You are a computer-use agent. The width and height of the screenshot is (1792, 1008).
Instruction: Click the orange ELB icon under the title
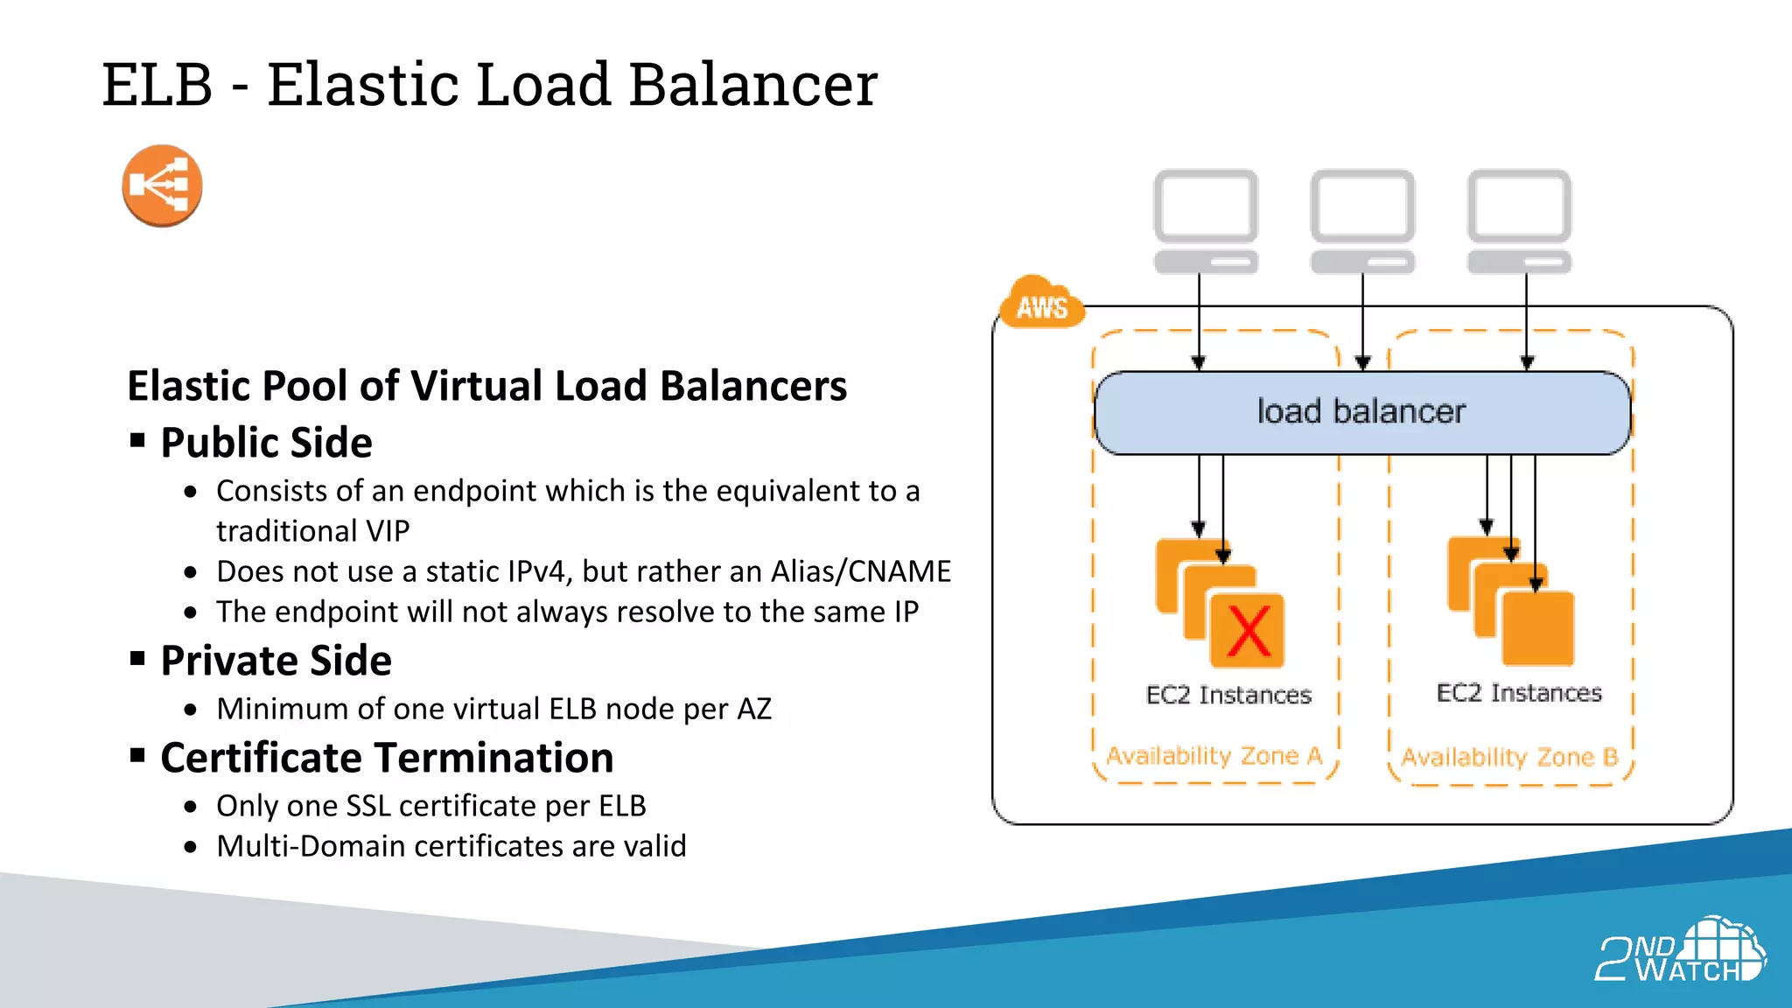[x=162, y=185]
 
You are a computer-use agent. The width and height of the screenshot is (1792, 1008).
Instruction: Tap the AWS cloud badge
[x=1041, y=304]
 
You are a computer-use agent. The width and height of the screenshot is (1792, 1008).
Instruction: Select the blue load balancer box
[x=1361, y=412]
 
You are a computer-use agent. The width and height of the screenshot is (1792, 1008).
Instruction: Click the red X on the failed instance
[x=1248, y=631]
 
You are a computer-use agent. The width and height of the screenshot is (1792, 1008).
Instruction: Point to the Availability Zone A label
[x=1214, y=755]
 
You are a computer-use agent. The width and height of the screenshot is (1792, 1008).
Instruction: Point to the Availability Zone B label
[x=1509, y=757]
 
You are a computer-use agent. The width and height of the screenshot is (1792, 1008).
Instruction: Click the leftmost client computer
[x=1205, y=220]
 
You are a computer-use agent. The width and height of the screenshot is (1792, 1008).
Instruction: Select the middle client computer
[x=1361, y=220]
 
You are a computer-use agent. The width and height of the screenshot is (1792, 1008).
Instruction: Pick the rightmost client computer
[x=1519, y=220]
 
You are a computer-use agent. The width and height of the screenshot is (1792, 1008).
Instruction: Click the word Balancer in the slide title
[x=752, y=85]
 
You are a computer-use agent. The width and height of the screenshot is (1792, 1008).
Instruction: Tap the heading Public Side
[x=266, y=443]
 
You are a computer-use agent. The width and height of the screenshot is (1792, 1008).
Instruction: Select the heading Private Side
[x=276, y=661]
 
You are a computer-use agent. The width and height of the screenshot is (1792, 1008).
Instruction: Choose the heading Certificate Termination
[x=387, y=758]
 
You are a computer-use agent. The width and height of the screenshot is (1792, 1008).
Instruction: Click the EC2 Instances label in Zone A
[x=1228, y=695]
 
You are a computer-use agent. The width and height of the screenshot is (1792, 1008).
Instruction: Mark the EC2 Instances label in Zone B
[x=1519, y=693]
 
